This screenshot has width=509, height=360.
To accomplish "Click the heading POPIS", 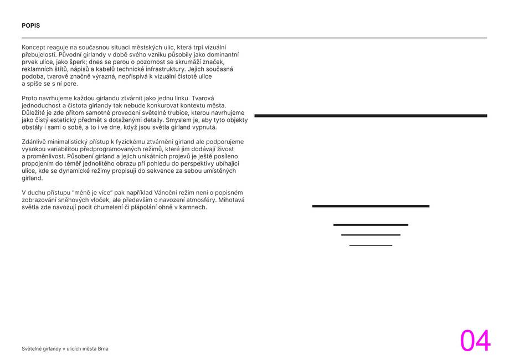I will [x=31, y=25].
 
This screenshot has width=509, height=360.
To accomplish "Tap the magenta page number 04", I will [x=475, y=341].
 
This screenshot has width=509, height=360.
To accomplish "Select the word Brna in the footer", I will [x=104, y=349].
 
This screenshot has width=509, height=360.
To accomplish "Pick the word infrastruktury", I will [x=167, y=69].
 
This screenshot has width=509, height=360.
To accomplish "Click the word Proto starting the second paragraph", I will [x=29, y=98].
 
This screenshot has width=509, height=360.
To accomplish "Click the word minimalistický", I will [x=71, y=142].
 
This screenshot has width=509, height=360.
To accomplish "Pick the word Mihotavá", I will [x=233, y=200].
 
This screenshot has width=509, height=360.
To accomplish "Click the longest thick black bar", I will [x=371, y=116].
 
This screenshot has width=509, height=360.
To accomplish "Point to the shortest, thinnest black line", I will [x=371, y=245].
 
